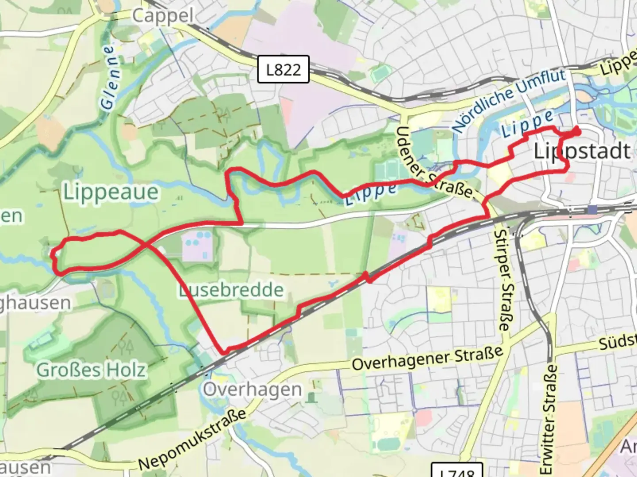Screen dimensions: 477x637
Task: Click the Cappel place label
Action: pos(163,16)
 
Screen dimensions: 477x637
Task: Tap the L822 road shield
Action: pos(283,69)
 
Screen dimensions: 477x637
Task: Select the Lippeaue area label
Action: pos(111,192)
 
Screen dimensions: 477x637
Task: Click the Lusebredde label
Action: pos(231,290)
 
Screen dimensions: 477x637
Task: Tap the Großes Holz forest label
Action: pos(91,370)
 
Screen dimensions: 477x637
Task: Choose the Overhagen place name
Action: pos(253,390)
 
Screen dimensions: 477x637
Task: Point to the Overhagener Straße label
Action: pos(427,358)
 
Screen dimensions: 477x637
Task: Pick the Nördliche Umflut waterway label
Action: pos(509,100)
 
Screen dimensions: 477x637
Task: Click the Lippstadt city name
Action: pos(582,151)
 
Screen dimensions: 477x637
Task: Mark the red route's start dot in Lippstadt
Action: pos(576,131)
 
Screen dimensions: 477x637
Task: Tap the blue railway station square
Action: pos(592,209)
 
